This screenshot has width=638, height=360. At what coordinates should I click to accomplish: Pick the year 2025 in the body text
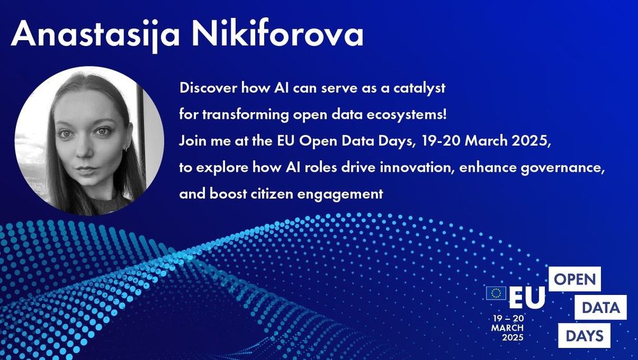532,140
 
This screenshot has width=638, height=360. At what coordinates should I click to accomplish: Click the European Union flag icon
496,292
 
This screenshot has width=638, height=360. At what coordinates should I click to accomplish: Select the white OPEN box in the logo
574,280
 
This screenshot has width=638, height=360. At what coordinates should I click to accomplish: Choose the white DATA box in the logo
600,308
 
